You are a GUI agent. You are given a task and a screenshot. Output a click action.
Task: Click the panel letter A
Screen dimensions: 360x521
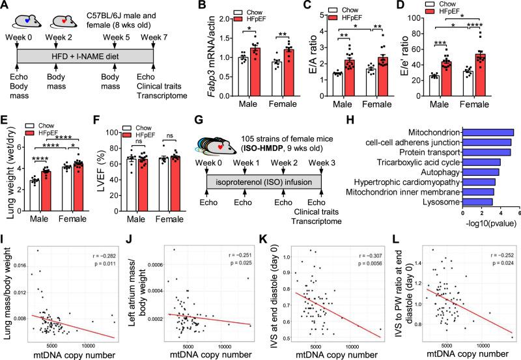click(6, 6)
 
